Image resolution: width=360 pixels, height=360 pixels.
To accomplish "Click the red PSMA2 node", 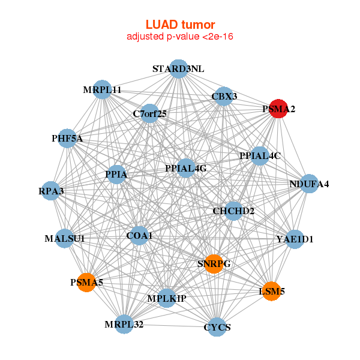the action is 277,109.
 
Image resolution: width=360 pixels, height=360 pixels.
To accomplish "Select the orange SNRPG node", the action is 214,263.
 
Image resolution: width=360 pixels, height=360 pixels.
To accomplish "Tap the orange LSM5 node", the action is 271,291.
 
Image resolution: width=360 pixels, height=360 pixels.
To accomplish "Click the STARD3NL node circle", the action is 178,69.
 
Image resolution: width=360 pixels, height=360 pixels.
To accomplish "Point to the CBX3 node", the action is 224,97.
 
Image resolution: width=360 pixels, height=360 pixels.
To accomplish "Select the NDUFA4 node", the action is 308,183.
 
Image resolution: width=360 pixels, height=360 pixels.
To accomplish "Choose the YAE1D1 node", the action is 295,239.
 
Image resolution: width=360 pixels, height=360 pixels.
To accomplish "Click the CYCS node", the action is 218,327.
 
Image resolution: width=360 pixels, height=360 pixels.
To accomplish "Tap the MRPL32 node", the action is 124,324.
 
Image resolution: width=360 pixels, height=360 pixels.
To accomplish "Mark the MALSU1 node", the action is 65,238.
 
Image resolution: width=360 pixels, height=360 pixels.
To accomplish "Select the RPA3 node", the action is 52,191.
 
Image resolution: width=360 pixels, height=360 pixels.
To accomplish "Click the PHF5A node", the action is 67,139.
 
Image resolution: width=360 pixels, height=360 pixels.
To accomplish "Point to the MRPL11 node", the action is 103,90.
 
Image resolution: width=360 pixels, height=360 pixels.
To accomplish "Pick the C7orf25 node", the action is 150,113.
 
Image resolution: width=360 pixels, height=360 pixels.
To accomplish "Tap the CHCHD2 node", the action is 233,211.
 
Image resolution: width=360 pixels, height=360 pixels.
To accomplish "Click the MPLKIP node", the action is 167,298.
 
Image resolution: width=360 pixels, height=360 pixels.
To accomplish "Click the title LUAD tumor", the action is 180,25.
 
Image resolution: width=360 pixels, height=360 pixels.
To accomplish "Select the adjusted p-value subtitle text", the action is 180,37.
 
